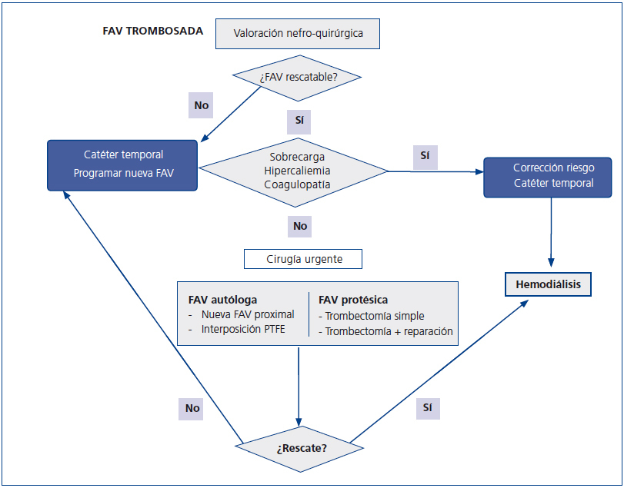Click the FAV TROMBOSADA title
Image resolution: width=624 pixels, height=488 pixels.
click(x=152, y=32)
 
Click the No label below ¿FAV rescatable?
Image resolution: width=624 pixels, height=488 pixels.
click(x=201, y=105)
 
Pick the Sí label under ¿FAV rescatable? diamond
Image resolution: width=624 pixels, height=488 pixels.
click(x=299, y=121)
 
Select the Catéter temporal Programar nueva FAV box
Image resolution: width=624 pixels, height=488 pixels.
click(x=123, y=164)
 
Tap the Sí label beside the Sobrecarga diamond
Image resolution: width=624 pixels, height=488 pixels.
click(x=424, y=155)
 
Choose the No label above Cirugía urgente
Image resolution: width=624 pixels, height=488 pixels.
click(x=299, y=226)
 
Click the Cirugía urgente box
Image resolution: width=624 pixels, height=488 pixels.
click(x=302, y=260)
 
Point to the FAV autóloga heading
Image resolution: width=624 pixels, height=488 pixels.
click(x=222, y=300)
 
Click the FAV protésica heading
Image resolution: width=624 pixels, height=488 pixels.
click(x=353, y=300)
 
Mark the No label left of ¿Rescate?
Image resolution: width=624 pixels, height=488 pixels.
click(x=192, y=408)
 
